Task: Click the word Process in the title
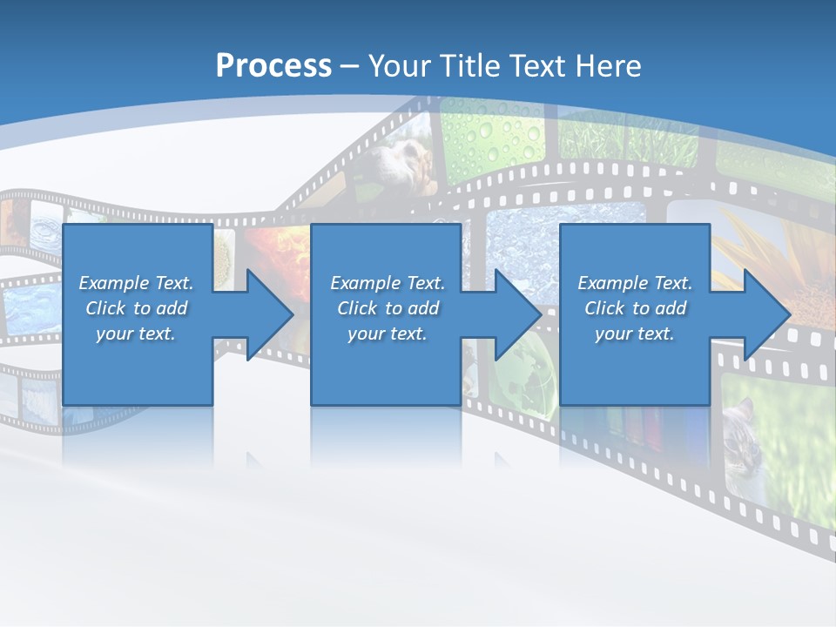(273, 66)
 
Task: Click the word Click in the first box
(106, 308)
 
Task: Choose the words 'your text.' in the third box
(634, 334)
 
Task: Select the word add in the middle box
(423, 308)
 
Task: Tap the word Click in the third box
(605, 308)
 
